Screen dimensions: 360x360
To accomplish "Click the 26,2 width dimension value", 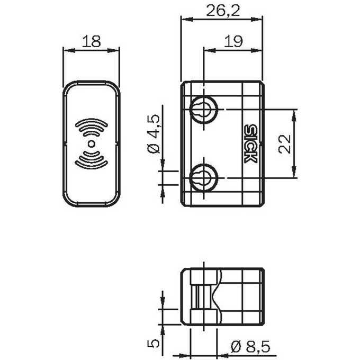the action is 223,11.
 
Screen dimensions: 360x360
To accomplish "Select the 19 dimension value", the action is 233,41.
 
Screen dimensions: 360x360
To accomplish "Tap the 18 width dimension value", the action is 91,41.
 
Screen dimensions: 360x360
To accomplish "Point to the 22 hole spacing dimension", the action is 284,143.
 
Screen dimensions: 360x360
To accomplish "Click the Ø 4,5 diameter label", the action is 154,133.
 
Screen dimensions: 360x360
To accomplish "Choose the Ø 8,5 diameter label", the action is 250,347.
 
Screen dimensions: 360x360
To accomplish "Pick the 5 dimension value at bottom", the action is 153,343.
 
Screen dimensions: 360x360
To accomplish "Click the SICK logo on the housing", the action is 250,143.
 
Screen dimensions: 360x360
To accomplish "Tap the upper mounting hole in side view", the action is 204,110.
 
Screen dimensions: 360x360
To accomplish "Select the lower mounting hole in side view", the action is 204,178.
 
